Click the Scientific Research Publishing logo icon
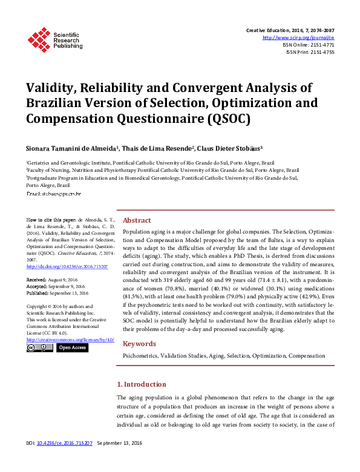(39, 39)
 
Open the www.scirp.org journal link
(298, 38)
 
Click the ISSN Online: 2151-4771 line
(308, 45)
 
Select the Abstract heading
(137, 220)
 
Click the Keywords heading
(139, 344)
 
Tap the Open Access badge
(72, 347)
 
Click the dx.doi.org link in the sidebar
(67, 266)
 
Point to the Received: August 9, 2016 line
(54, 280)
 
